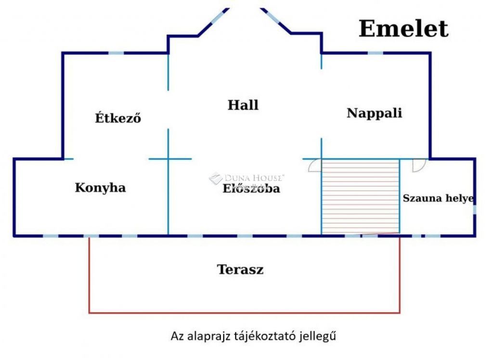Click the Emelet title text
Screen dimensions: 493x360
tap(403, 28)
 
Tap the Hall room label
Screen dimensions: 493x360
tap(243, 105)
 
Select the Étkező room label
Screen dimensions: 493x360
tap(118, 117)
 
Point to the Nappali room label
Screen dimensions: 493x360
tap(374, 114)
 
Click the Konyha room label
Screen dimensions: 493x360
tap(100, 188)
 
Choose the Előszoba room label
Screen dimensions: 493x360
tap(251, 188)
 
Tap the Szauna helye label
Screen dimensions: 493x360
tap(438, 198)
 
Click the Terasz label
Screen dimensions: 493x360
tap(240, 270)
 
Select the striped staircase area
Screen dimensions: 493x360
tap(361, 197)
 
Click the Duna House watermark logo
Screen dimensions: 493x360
tap(216, 178)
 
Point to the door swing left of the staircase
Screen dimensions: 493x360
tap(314, 166)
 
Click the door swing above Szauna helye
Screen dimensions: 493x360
tap(419, 166)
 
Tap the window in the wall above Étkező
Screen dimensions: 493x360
tap(117, 53)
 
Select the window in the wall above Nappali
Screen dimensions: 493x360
tap(376, 53)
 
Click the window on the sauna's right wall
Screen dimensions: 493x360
tap(474, 210)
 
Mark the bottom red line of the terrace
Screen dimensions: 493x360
tap(244, 313)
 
